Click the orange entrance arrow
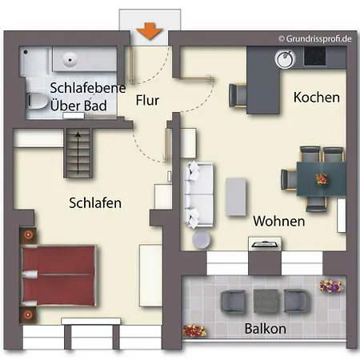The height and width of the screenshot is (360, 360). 150,31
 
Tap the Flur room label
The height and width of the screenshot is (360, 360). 147,100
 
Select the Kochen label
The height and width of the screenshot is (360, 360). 317,98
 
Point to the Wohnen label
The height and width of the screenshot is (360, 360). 279,221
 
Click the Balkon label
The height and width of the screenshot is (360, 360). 266,329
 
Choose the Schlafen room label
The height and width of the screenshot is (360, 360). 95,203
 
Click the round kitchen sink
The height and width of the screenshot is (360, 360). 285,58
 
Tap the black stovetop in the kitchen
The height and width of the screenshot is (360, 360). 314,56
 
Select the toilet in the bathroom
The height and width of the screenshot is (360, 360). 38,101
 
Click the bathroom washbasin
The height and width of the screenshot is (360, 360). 70,59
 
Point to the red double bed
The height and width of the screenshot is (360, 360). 58,275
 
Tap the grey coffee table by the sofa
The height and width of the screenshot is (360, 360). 236,197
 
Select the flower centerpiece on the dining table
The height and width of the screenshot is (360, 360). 322,179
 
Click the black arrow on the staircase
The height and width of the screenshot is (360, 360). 78,153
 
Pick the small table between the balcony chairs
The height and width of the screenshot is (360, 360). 266,301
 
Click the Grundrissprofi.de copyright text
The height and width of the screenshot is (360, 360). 315,38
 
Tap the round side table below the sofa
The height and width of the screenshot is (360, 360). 202,239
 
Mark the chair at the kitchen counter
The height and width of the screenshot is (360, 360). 238,95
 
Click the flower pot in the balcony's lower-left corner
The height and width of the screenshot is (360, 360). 194,330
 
